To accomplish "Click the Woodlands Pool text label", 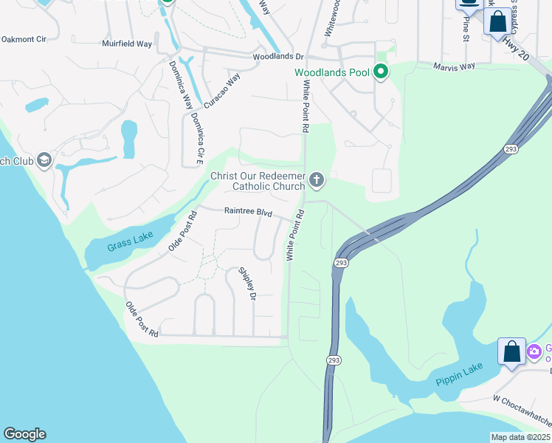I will (332, 72).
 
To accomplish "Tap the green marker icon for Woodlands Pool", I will (381, 72).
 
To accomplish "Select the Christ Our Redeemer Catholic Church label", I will (258, 181).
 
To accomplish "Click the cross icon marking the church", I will (317, 179).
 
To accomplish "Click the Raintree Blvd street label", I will (249, 212).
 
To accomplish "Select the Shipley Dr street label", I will (246, 284).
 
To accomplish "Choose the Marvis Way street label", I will (455, 66).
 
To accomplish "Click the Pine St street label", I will (466, 29).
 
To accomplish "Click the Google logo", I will (24, 434).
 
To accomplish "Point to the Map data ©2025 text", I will (520, 437).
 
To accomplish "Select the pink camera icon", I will (534, 351).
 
